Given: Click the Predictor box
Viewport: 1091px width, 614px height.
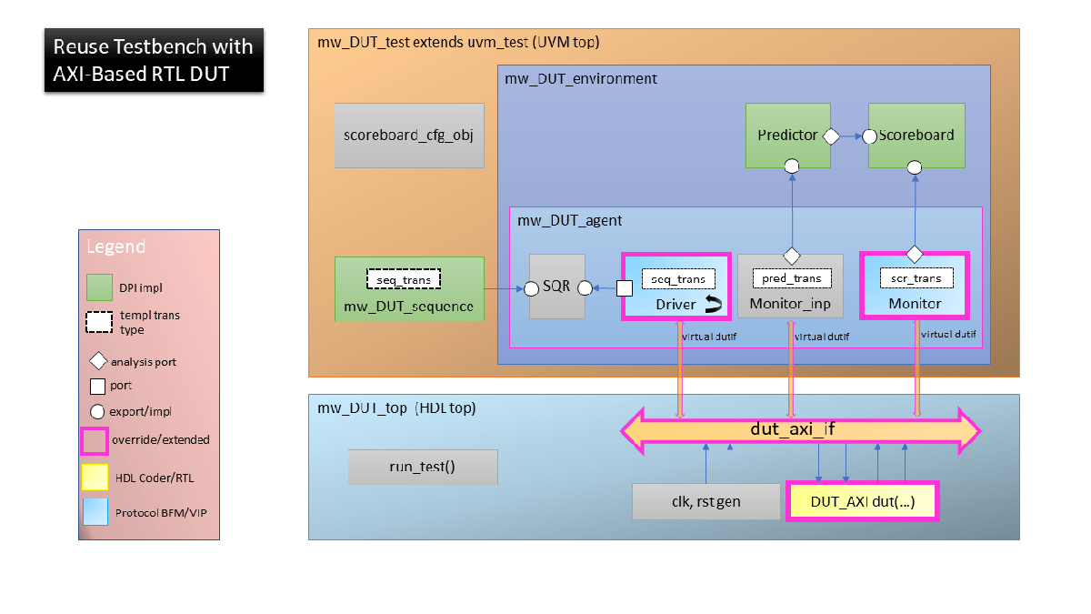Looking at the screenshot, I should point(787,135).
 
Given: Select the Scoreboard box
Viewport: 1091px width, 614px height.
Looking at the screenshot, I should point(916,135).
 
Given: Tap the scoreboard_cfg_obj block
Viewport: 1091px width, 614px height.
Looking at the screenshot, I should point(408,136).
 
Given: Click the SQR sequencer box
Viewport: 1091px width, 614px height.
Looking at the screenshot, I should point(556,287).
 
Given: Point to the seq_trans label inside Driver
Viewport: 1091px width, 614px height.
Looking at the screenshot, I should point(678,278).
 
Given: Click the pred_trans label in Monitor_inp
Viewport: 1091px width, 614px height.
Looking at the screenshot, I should point(790,278).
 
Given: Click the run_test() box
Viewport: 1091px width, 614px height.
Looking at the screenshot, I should point(423,467).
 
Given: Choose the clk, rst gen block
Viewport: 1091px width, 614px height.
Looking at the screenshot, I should point(706,501).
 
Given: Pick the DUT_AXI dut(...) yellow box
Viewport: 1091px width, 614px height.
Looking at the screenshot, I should point(862,501).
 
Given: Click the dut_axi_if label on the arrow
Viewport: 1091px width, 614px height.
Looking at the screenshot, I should point(792,429).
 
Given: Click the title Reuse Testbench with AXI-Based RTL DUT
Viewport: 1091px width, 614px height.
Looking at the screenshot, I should point(154,60).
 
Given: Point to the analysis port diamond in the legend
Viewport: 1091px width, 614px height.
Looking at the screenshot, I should point(98,362).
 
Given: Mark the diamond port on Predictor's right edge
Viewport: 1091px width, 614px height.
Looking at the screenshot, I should point(829,136).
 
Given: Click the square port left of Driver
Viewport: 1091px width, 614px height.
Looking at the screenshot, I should point(625,288).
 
